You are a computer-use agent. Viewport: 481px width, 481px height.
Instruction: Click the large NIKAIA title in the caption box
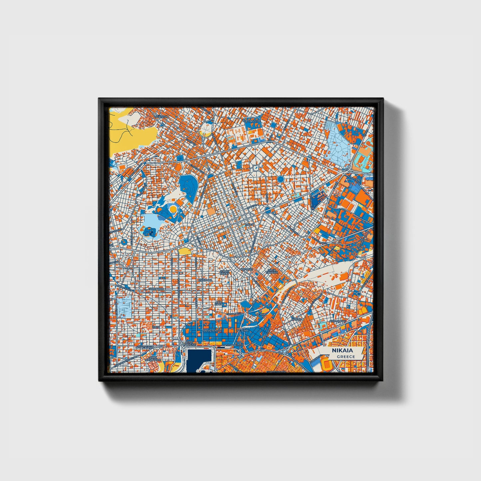click(x=342, y=351)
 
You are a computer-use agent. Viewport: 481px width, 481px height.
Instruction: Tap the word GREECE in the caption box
click(x=346, y=357)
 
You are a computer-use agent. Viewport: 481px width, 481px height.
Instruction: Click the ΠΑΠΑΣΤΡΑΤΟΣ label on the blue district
click(x=212, y=331)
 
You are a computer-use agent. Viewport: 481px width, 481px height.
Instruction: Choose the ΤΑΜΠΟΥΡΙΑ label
click(x=156, y=289)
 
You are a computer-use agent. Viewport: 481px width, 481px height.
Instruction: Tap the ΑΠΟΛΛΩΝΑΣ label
click(x=337, y=322)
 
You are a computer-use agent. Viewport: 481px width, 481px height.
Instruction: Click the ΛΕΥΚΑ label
click(x=260, y=314)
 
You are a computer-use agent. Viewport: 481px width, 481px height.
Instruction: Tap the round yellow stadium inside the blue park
click(x=173, y=208)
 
